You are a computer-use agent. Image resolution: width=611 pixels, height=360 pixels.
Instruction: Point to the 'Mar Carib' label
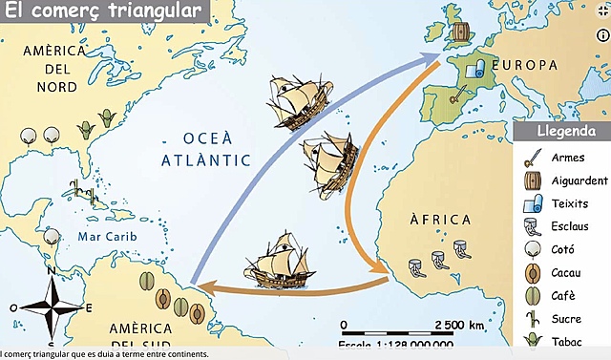[x=102, y=236]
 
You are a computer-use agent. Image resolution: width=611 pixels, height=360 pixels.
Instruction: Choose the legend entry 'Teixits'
[x=569, y=203]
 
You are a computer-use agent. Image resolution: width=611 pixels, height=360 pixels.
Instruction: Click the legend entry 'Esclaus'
[x=571, y=226]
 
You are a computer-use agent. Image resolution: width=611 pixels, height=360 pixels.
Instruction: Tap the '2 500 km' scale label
[x=458, y=325]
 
